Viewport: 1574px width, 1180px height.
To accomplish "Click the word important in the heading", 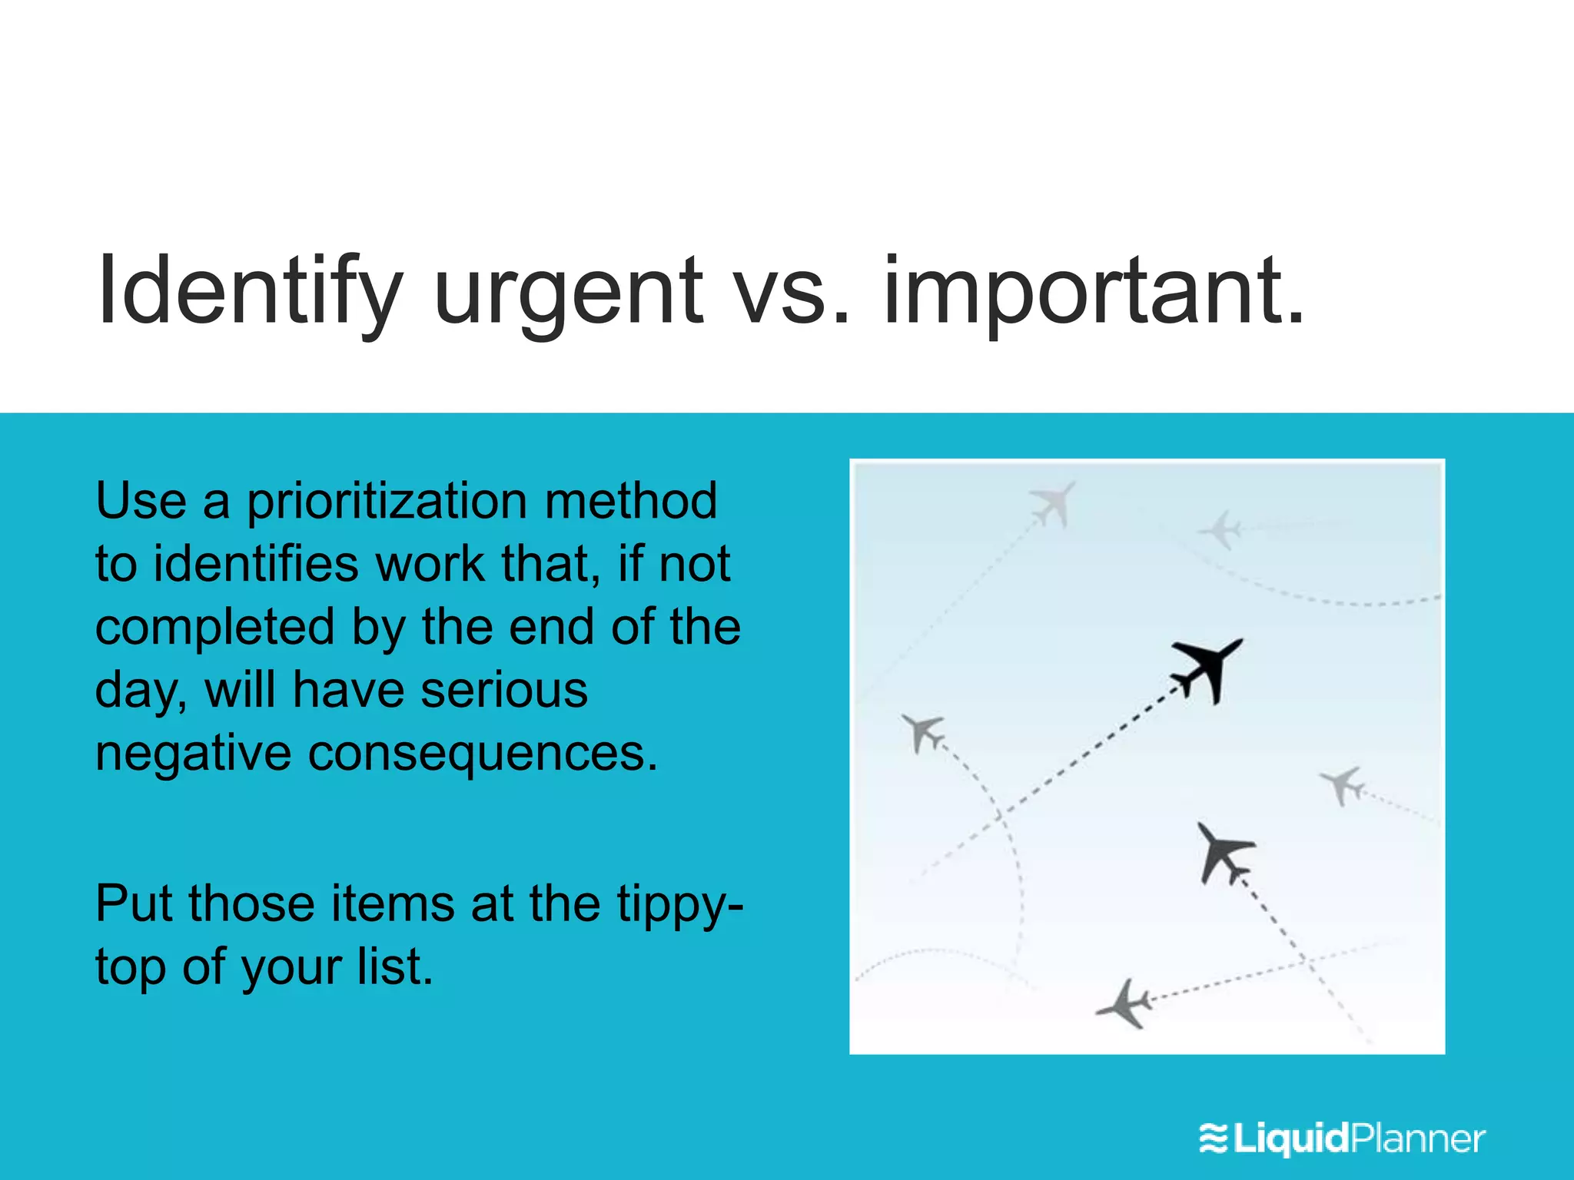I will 1091,296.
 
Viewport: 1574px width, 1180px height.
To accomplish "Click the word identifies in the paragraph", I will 256,565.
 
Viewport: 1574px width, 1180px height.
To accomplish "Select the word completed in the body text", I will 214,628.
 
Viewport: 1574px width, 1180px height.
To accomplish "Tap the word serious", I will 504,690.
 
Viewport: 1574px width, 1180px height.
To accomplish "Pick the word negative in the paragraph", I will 193,754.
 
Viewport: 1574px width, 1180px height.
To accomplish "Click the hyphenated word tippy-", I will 680,905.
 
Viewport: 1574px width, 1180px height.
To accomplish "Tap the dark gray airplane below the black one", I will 1224,851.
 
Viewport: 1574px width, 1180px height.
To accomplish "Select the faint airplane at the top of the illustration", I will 1053,503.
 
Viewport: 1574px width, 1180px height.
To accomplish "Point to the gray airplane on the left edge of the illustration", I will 921,731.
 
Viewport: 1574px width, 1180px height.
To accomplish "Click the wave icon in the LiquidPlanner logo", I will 1214,1139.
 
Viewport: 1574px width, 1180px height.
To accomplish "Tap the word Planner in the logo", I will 1418,1139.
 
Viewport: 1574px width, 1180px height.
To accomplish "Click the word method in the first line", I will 630,502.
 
